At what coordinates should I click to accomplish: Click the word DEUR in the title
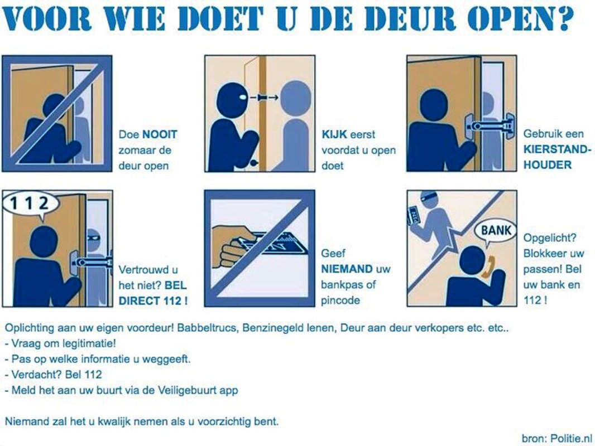click(x=412, y=18)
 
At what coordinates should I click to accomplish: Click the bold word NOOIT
click(x=160, y=134)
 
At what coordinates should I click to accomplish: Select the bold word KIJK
click(x=334, y=134)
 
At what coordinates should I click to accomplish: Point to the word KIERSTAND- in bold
click(x=558, y=149)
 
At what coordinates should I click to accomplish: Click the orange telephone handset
click(x=488, y=268)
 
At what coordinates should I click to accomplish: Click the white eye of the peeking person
click(x=242, y=98)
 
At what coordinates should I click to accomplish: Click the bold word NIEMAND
click(x=347, y=269)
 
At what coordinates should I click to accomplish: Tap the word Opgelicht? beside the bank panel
click(x=550, y=238)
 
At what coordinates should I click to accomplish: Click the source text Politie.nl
click(x=572, y=438)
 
